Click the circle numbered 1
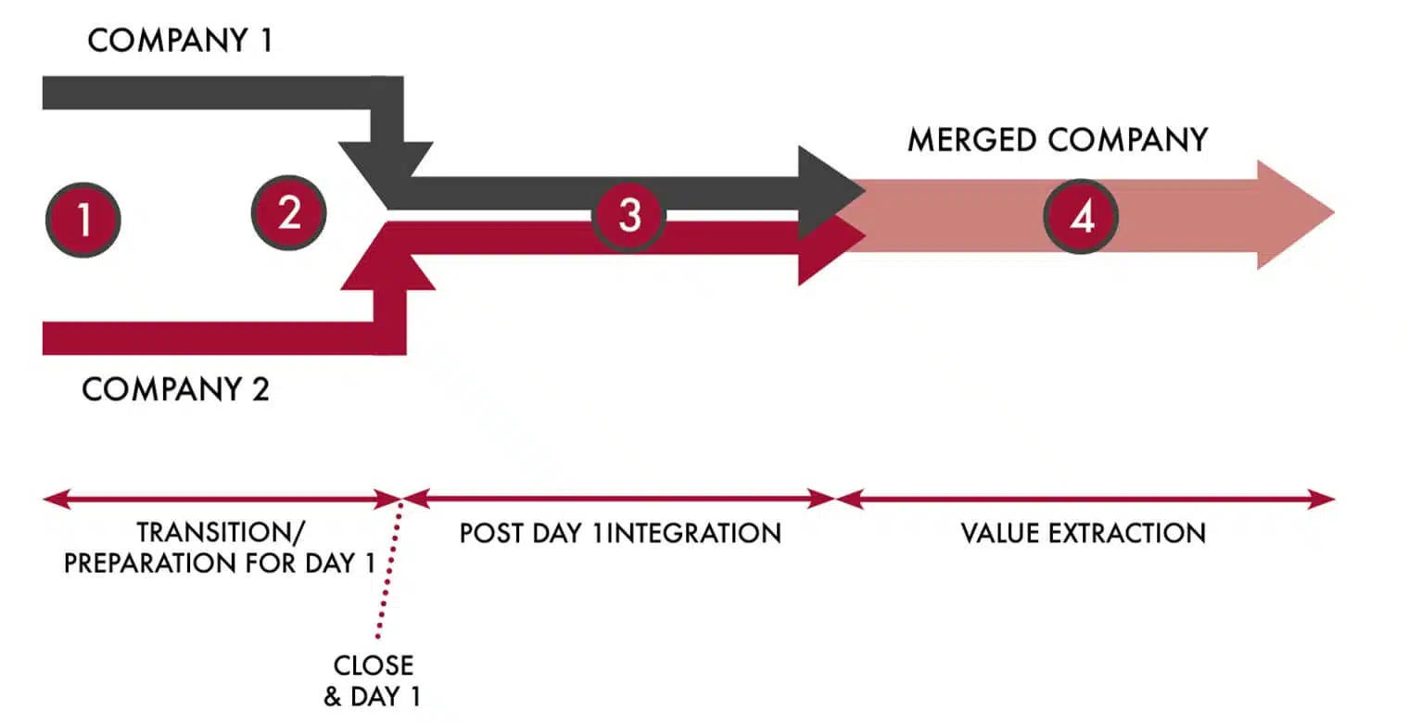coord(83,220)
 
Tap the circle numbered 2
coord(289,213)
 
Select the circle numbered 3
coord(629,215)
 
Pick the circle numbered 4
coord(1081,217)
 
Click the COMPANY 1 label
coord(180,42)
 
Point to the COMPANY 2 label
coord(176,389)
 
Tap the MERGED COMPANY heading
coord(1058,139)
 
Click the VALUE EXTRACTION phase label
coord(1083,534)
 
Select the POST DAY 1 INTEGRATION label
coord(620,534)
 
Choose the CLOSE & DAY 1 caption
coord(373,681)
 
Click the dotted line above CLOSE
coord(388,575)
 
